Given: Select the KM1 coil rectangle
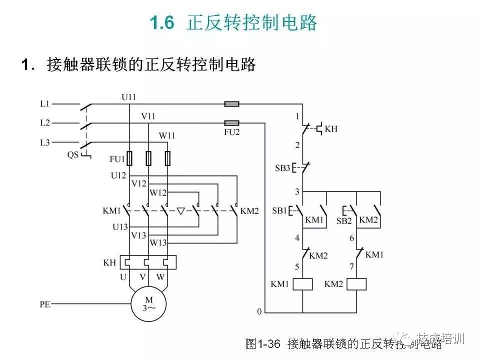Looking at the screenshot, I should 303,284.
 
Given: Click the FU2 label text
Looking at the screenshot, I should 231,133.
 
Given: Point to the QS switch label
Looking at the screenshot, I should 73,155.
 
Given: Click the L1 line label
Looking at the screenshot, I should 44,104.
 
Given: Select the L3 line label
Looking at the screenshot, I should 44,142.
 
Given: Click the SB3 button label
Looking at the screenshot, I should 282,167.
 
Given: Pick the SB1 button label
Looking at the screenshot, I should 280,210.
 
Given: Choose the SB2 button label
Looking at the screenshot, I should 344,220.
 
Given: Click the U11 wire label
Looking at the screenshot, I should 128,96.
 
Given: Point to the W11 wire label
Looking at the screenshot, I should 167,135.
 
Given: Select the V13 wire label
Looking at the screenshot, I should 139,235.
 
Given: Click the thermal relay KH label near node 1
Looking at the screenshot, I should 331,129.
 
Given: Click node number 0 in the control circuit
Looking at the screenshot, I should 259,311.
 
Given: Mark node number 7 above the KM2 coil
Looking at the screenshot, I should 351,267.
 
